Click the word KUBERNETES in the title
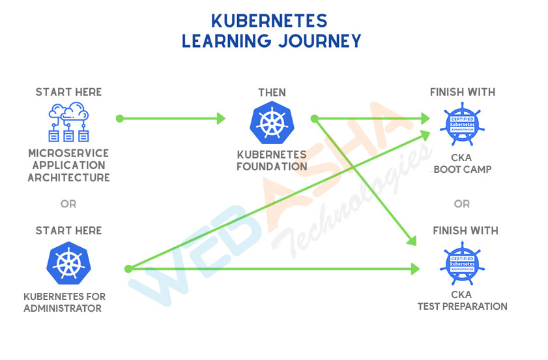pos(269,21)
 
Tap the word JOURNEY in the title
pos(320,41)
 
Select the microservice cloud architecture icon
pos(68,122)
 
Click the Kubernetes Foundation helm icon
pos(272,123)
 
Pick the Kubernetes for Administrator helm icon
pos(68,263)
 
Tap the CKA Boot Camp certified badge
pos(462,124)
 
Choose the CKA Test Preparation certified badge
pos(462,263)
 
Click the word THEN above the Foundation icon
pos(272,93)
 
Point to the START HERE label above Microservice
pos(68,92)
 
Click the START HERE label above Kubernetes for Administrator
pos(68,231)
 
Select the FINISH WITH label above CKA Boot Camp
pos(463,92)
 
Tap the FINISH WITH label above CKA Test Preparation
pos(465,231)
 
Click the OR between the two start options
pos(68,203)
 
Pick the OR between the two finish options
pos(462,203)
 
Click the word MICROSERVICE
pos(68,153)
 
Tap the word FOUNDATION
pos(272,166)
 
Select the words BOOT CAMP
pos(463,170)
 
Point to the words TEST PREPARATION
pos(463,307)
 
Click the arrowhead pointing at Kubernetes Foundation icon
pos(221,119)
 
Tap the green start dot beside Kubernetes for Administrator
pos(128,269)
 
